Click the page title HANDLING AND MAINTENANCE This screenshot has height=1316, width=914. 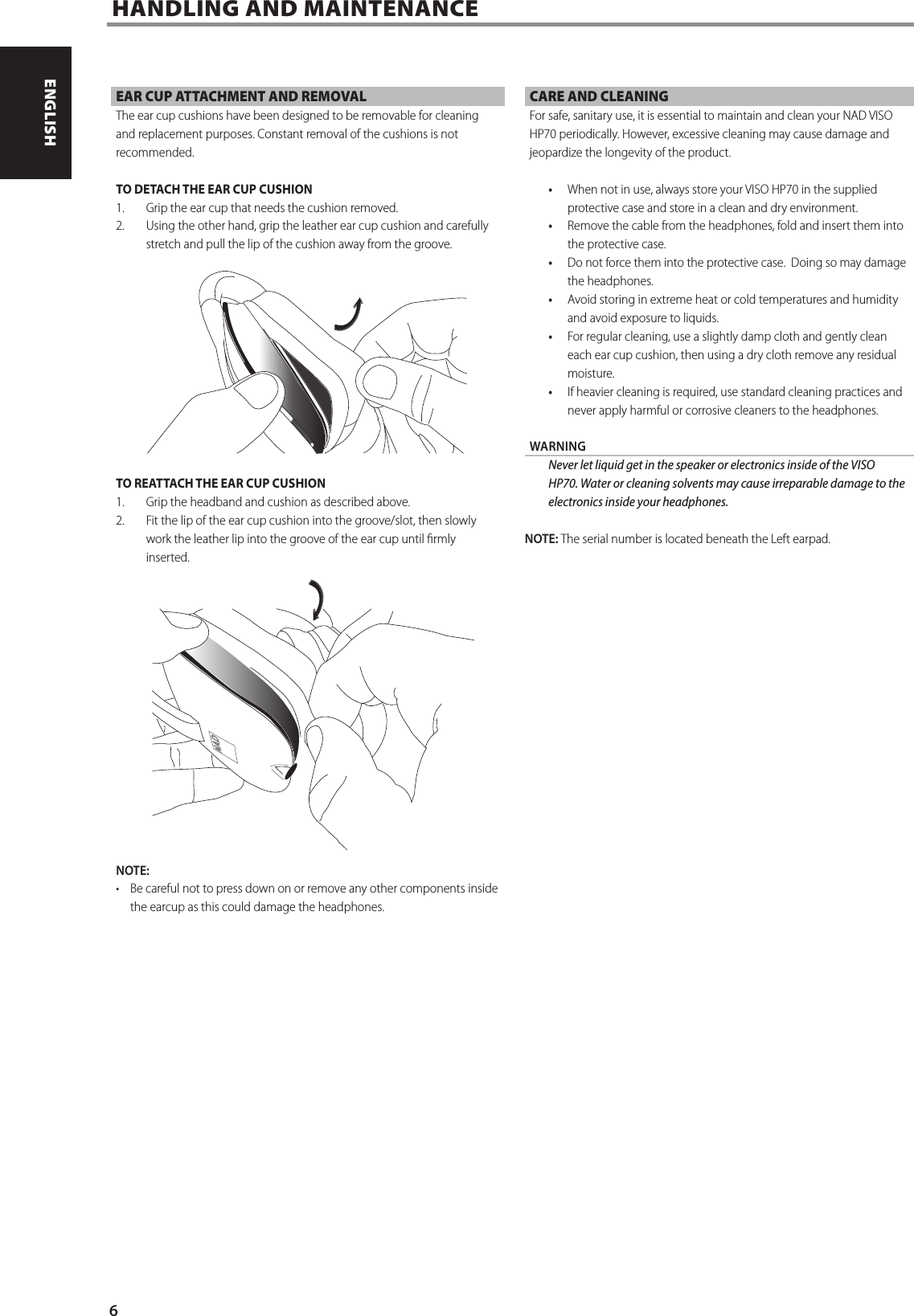pyautogui.click(x=295, y=9)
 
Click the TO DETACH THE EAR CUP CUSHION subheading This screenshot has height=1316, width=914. pyautogui.click(x=215, y=190)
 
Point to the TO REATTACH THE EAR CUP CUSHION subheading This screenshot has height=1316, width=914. pyautogui.click(x=221, y=484)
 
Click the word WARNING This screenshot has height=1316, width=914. pyautogui.click(x=558, y=447)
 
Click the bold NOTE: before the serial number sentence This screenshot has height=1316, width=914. pyautogui.click(x=541, y=538)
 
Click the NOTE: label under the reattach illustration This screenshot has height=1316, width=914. pyautogui.click(x=133, y=871)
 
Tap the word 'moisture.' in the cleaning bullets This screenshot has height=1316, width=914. pyautogui.click(x=591, y=374)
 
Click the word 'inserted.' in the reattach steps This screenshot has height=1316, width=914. pyautogui.click(x=168, y=558)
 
